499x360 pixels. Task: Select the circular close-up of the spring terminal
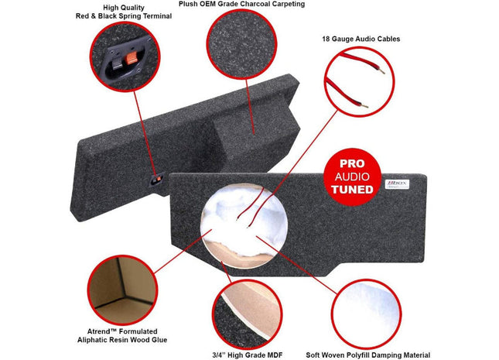point(121,57)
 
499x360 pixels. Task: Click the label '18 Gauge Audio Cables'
point(361,38)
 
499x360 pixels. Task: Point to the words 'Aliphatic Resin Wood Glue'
point(121,339)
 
